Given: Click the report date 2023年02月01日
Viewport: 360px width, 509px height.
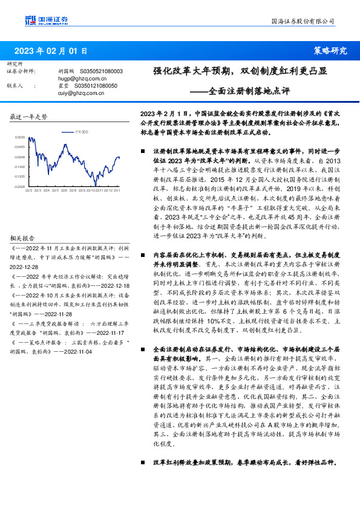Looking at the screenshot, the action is pyautogui.click(x=51, y=51).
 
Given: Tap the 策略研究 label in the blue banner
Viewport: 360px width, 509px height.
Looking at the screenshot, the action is pyautogui.click(x=331, y=51).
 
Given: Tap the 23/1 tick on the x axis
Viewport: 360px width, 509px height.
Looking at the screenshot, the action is pyautogui.click(x=117, y=191).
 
